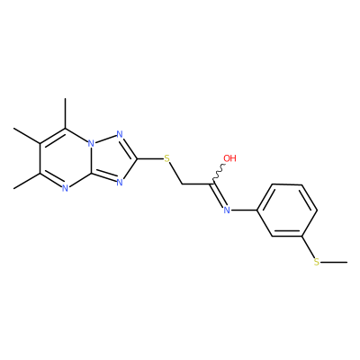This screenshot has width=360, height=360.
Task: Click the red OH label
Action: pos(230,158)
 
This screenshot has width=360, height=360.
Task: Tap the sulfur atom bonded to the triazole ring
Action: pos(167,158)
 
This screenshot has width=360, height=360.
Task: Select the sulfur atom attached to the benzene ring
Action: pos(317,262)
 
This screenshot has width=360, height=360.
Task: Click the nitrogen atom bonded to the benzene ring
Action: pos(227,211)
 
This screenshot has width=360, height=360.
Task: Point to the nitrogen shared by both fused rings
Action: pos(92,143)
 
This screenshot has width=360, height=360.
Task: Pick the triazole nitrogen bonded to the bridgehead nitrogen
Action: pos(120,134)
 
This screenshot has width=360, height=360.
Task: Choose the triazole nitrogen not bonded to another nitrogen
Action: pos(120,182)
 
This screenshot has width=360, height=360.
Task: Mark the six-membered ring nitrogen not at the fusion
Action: pos(66,188)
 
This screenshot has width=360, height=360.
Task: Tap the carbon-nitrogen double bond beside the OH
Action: pos(218,195)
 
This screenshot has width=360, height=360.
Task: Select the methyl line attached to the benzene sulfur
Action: pos(334,263)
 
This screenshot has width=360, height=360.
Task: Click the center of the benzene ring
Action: pos(287,211)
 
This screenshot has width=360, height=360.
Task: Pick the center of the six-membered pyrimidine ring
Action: pos(66,158)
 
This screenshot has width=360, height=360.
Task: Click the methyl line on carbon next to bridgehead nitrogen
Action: pos(66,113)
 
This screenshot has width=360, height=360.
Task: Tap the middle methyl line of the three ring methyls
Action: pos(27,136)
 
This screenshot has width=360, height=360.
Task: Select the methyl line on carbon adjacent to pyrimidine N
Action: pos(27,181)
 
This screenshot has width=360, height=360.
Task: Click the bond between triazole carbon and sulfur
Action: pos(150,158)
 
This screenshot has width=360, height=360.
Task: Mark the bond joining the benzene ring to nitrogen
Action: pos(244,211)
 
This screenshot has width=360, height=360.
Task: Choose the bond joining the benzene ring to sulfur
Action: pos(309,247)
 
